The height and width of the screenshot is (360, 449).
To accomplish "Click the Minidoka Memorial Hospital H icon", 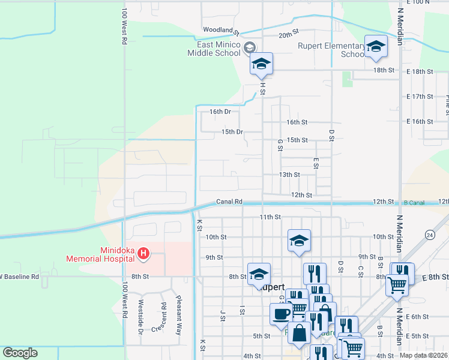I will click(x=143, y=254).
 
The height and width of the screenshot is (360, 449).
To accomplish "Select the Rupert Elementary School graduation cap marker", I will click(x=376, y=47).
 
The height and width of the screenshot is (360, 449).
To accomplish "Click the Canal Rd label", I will click(x=229, y=202).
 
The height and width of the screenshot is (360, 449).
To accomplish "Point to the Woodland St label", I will click(x=221, y=30).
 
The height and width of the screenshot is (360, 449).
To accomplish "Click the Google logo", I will click(x=20, y=352).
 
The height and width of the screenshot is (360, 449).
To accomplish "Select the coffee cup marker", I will click(x=281, y=313).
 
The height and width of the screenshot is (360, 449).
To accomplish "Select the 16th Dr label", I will click(x=220, y=112).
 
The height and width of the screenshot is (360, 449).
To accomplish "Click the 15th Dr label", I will click(x=232, y=131).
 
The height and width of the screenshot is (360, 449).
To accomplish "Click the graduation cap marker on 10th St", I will click(x=299, y=241).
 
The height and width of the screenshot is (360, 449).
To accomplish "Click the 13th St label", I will click(x=289, y=175).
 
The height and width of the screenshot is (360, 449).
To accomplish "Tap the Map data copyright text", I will click(x=423, y=355).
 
